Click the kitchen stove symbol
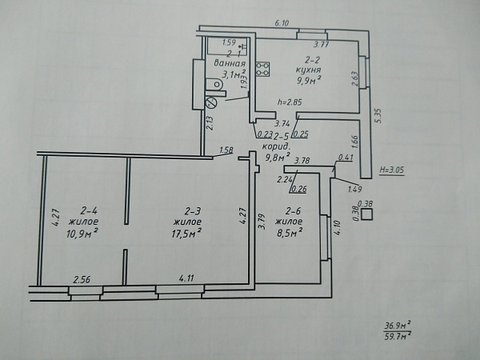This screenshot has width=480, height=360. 263,69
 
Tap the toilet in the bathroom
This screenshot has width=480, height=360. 214,83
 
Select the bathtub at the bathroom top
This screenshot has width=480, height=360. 227,46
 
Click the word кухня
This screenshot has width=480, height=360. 308,70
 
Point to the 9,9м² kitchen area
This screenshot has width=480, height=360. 308,81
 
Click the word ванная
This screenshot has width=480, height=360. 230,63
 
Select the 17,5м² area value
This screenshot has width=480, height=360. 186,234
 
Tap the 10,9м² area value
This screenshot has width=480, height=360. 82,234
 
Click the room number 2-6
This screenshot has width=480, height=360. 293,211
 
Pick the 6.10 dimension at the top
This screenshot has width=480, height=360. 282,23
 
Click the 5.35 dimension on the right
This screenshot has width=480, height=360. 378,116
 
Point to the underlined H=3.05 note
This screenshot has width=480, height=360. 391,171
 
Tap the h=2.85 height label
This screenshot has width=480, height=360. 290,102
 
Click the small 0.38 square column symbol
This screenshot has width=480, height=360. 366,214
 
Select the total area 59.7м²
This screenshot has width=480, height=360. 398,337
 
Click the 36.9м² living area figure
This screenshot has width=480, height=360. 398,326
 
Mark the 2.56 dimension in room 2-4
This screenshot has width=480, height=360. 82,279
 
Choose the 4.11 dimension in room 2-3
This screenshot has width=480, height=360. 186,278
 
